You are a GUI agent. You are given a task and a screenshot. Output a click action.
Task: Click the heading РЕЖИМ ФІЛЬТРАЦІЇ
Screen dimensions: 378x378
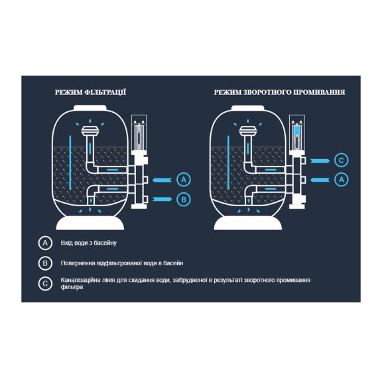tap(90, 92)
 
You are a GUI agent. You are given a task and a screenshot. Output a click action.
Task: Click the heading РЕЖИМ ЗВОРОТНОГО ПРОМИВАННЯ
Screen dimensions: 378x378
tap(279, 92)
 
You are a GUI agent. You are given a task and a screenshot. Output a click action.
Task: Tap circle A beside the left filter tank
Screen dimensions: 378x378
tap(184, 180)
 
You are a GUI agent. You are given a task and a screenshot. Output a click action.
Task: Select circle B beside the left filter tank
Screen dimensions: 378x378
tap(184, 200)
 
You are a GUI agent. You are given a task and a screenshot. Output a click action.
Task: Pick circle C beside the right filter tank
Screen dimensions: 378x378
tap(342, 160)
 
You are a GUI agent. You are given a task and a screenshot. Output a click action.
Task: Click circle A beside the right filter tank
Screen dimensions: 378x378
tap(342, 180)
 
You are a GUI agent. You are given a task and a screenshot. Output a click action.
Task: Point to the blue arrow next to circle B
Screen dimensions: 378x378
tap(162, 199)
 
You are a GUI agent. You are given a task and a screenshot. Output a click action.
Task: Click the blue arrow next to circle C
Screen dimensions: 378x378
tap(320, 160)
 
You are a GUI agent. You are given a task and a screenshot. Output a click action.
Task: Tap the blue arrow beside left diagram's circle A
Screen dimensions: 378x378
tap(162, 180)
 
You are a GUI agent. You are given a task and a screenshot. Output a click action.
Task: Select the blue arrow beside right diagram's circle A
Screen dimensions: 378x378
tap(320, 180)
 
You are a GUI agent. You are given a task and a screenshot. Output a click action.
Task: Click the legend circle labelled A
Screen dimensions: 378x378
tap(45, 243)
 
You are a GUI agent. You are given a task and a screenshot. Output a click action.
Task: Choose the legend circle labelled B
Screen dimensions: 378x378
tap(45, 263)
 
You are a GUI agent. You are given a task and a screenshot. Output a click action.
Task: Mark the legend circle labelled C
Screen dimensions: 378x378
tap(45, 284)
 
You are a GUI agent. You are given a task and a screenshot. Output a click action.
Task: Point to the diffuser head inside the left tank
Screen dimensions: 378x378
tap(90, 131)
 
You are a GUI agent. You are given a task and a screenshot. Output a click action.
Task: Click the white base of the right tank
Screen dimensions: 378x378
tap(248, 223)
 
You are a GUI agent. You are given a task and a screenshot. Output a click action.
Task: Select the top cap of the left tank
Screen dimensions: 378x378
tap(90, 107)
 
